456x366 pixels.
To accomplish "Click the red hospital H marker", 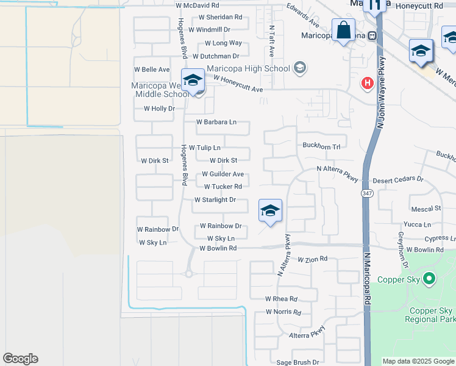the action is [367, 83].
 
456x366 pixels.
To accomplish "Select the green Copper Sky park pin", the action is [429, 279].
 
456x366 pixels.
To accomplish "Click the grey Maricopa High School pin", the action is [299, 67].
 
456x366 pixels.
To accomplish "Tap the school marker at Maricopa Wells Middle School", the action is [193, 81].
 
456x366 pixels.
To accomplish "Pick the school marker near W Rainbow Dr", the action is [270, 212].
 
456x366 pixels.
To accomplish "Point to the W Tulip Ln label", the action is [204, 148].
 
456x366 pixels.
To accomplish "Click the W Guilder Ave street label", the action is [218, 174].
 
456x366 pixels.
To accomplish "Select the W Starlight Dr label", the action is [215, 199].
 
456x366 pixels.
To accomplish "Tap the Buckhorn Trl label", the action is [321, 146].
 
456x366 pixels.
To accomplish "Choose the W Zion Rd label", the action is [313, 259].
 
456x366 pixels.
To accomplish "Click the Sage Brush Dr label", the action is [297, 362].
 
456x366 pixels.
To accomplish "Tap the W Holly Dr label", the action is [159, 109].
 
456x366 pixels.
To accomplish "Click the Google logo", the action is [20, 359].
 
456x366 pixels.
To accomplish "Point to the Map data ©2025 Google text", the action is [418, 361].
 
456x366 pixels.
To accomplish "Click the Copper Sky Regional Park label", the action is [430, 315].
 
